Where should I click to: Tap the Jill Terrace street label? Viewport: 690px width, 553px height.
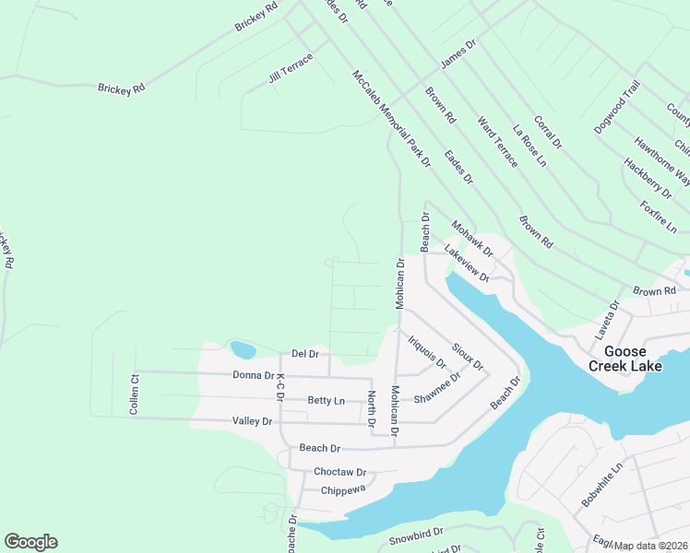(290, 68)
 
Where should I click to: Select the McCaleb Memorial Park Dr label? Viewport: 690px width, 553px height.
(390, 119)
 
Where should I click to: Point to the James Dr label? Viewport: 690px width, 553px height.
(458, 53)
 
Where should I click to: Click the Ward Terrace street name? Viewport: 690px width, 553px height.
(497, 141)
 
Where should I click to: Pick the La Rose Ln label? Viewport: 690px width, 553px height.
(529, 147)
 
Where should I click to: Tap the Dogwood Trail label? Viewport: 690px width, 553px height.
(617, 107)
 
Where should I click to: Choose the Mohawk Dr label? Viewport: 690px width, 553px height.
(472, 238)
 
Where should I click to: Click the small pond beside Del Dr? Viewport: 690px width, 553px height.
(243, 349)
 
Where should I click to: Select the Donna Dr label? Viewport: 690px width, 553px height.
(254, 375)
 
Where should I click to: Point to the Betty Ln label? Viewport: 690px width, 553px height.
(326, 401)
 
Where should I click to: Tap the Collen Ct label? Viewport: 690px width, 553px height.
(134, 394)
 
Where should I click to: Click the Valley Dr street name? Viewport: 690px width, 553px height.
(253, 421)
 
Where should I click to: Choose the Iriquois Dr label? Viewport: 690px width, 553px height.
(426, 354)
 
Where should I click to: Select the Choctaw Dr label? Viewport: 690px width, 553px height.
(340, 471)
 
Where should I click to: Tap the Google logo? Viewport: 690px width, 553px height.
(30, 542)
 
